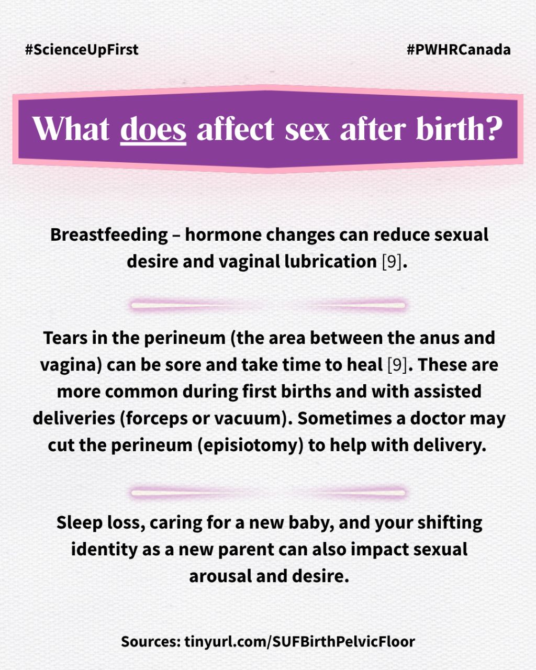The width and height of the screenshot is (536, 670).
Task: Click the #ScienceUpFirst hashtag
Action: tap(82, 50)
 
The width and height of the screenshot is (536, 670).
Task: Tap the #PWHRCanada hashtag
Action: tap(459, 50)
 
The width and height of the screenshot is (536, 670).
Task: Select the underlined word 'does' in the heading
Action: tap(153, 129)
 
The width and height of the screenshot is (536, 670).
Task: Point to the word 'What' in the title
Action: tap(71, 129)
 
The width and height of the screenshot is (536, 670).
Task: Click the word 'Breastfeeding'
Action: tap(109, 234)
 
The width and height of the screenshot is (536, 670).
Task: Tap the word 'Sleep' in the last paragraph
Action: tap(80, 523)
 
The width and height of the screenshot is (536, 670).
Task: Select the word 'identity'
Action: tap(104, 550)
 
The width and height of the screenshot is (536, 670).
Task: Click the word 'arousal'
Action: tap(220, 576)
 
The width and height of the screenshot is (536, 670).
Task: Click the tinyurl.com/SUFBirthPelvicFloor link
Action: tap(299, 641)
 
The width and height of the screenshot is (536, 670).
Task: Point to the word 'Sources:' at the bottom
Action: tap(151, 642)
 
